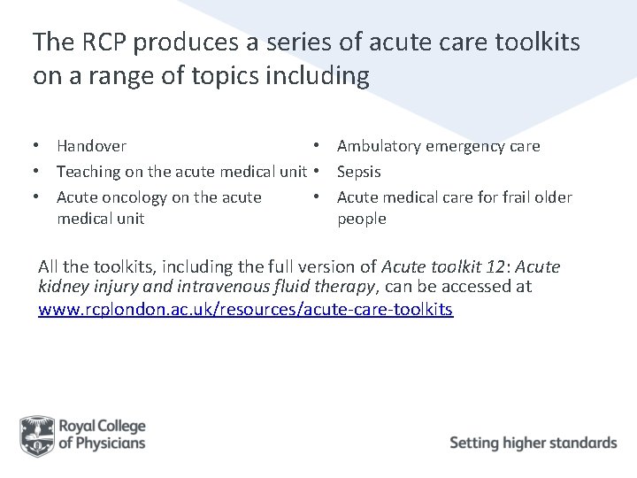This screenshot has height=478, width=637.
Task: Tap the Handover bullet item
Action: tap(91, 146)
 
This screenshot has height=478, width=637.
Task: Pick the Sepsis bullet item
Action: tap(359, 172)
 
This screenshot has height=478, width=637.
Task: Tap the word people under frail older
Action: tap(362, 219)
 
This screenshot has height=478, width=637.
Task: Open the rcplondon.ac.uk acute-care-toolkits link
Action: tap(245, 310)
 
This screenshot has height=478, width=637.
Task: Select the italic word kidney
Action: tap(62, 287)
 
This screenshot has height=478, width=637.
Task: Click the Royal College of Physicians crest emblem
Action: tap(37, 435)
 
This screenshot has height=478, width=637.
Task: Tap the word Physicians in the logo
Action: tap(111, 443)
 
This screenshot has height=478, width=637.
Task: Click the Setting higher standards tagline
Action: tap(533, 443)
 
